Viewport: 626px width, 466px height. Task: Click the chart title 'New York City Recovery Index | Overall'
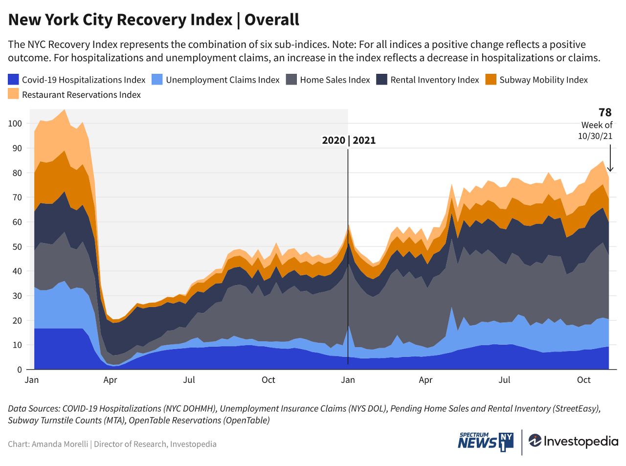[154, 20]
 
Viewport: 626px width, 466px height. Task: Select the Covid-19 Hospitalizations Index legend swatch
[13, 80]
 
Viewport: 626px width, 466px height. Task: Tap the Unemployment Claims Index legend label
[223, 80]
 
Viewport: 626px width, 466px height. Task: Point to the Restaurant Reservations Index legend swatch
[13, 94]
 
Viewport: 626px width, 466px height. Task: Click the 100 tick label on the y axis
[15, 123]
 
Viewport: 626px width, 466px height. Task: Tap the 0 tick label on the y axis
[20, 370]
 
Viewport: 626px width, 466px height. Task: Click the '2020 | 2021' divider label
[349, 140]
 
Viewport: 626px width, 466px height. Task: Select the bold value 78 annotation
[605, 112]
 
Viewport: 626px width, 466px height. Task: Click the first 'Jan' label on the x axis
[32, 380]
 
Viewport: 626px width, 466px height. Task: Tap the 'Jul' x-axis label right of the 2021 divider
[504, 380]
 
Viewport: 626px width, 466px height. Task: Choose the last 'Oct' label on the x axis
[583, 380]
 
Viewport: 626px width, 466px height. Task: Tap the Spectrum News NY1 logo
[486, 441]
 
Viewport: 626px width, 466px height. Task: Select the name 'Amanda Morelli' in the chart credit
[60, 444]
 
